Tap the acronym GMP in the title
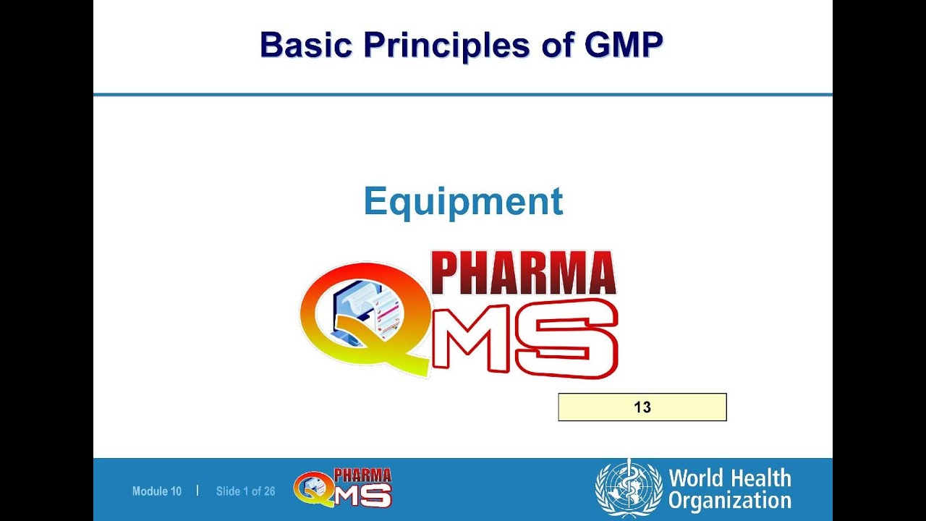coord(623,45)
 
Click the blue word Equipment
coord(463,201)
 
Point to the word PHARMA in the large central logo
coord(523,274)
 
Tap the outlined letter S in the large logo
coord(575,338)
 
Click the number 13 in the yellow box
coord(642,407)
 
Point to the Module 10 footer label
coord(156,491)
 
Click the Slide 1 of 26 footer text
coord(245,491)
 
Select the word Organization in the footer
coord(729,500)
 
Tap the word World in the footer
coord(695,478)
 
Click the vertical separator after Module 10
coord(197,490)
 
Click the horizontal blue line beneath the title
coord(463,94)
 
